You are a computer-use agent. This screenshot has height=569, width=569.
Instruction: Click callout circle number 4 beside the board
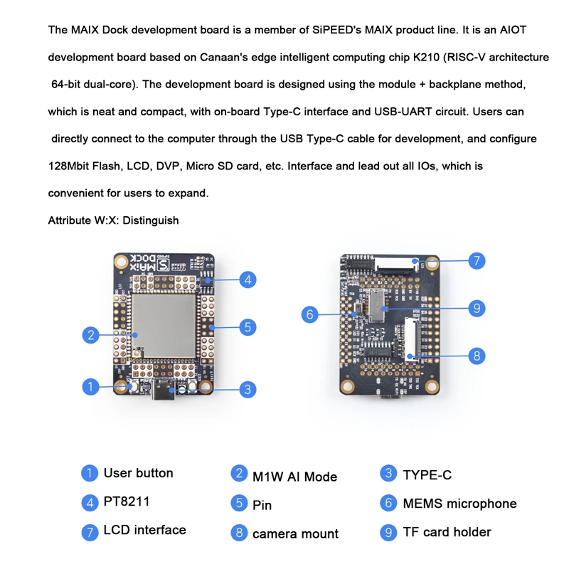point(247,280)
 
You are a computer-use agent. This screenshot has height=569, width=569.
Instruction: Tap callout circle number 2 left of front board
point(90,334)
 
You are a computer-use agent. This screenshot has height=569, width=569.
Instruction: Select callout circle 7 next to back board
point(477,260)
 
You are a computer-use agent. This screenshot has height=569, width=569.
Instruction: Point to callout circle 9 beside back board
point(477,309)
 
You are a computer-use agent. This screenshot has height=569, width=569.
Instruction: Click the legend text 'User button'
point(138,473)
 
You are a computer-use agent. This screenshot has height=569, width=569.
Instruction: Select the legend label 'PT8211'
point(127,502)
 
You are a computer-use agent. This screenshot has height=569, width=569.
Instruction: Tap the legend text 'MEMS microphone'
point(459,504)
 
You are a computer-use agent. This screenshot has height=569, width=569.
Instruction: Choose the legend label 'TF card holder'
point(447,532)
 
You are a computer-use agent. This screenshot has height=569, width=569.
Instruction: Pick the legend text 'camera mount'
point(295,533)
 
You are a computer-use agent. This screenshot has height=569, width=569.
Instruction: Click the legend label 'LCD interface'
point(144,530)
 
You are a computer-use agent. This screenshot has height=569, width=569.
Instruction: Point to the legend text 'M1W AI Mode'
point(294,477)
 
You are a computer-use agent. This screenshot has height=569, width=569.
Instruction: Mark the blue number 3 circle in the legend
point(388,474)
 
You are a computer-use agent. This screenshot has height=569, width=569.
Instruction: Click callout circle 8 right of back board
point(477,355)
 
